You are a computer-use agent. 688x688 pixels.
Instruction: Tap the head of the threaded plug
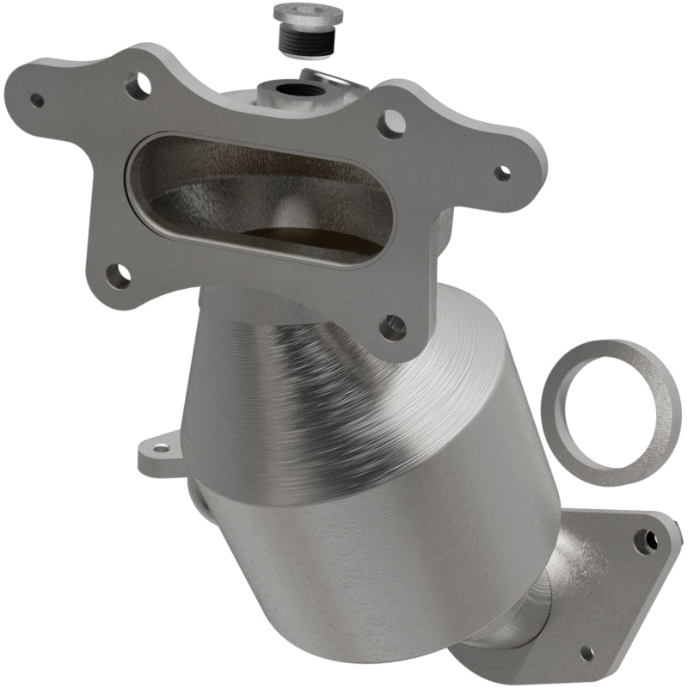click(x=307, y=15)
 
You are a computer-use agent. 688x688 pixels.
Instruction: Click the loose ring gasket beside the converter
click(x=610, y=413)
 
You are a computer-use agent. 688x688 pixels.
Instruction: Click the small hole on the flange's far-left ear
click(x=37, y=100)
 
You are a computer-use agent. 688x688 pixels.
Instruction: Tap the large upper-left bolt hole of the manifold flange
click(x=136, y=85)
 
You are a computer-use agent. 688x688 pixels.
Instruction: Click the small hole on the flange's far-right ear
click(x=502, y=171)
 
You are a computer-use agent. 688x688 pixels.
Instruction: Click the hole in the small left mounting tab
click(x=160, y=448)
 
